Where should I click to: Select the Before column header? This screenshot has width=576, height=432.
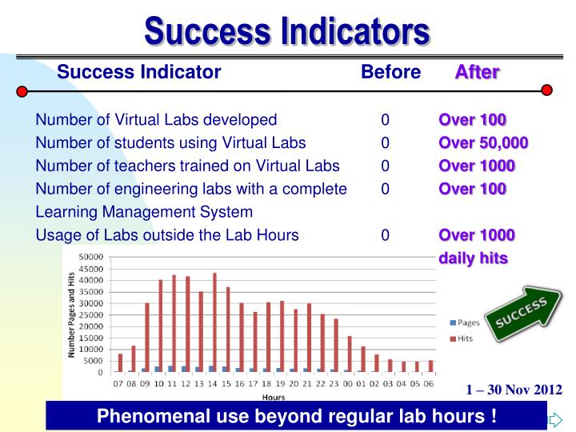tap(390, 73)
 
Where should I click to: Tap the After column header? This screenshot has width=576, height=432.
tap(477, 73)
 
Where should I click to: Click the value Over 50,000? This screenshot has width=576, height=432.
tap(482, 143)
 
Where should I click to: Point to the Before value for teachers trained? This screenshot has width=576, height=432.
tap(385, 166)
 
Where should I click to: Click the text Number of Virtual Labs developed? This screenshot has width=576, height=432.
tap(156, 121)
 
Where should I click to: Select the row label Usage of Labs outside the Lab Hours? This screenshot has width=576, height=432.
tap(167, 235)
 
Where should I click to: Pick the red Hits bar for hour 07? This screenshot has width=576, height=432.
tap(121, 362)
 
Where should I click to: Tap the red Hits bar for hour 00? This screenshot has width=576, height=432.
tap(349, 354)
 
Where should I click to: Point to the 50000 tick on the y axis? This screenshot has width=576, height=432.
tap(90, 257)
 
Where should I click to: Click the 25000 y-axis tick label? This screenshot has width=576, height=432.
tap(90, 315)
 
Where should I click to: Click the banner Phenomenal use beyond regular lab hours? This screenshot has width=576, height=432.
tap(296, 416)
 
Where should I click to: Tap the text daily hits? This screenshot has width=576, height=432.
tap(473, 258)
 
